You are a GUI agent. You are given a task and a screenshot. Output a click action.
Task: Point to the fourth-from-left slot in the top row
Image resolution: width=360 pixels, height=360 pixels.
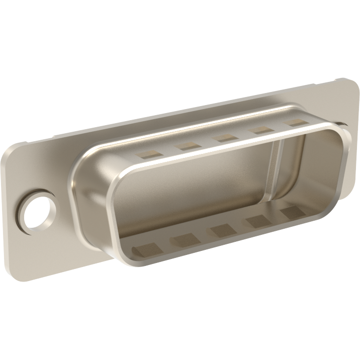click(261, 130)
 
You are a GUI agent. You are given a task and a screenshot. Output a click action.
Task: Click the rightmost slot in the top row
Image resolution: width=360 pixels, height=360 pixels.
click(295, 123)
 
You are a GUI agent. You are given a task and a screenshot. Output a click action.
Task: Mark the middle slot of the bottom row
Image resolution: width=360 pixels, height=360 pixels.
click(222, 231)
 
